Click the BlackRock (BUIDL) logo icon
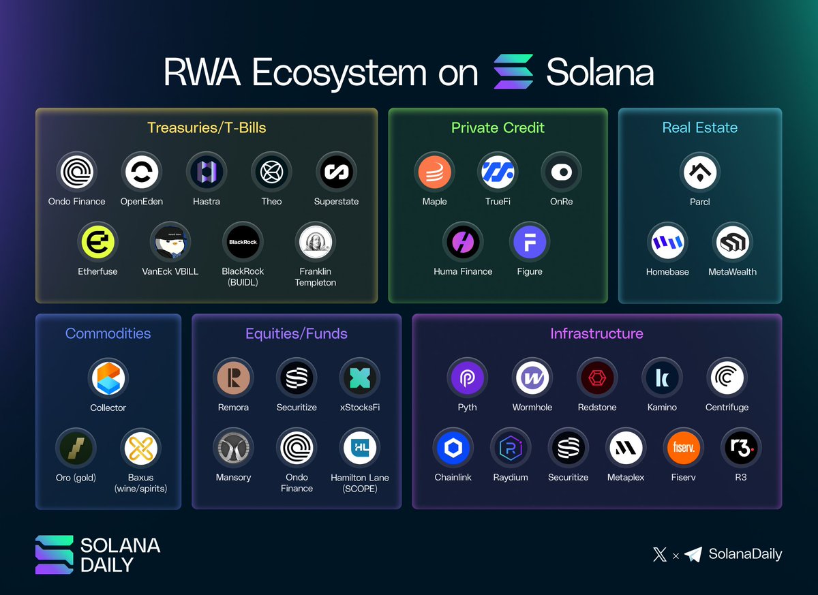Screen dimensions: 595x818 (243, 243)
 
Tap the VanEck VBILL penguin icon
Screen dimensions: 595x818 (170, 243)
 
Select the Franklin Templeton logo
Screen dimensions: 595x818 (316, 243)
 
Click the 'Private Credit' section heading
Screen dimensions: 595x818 (498, 127)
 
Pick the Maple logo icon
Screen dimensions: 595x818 (434, 172)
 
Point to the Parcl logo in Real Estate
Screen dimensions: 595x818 (700, 172)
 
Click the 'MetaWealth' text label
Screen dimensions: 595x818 (732, 271)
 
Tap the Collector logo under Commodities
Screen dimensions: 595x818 (108, 378)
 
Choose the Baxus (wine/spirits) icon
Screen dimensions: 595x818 (140, 448)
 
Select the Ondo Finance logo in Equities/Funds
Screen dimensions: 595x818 (297, 448)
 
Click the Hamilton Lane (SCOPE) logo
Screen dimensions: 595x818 (359, 448)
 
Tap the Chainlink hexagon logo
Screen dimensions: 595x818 (453, 448)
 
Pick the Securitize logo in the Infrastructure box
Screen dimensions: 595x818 (568, 448)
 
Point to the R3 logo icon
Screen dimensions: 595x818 (740, 448)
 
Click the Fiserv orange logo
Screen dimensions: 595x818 (683, 448)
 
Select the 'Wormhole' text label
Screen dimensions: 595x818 (532, 407)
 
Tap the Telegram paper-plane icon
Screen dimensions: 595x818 (693, 554)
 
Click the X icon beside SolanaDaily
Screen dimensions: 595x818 (659, 554)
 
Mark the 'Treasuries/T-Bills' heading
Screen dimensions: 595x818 (206, 127)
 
